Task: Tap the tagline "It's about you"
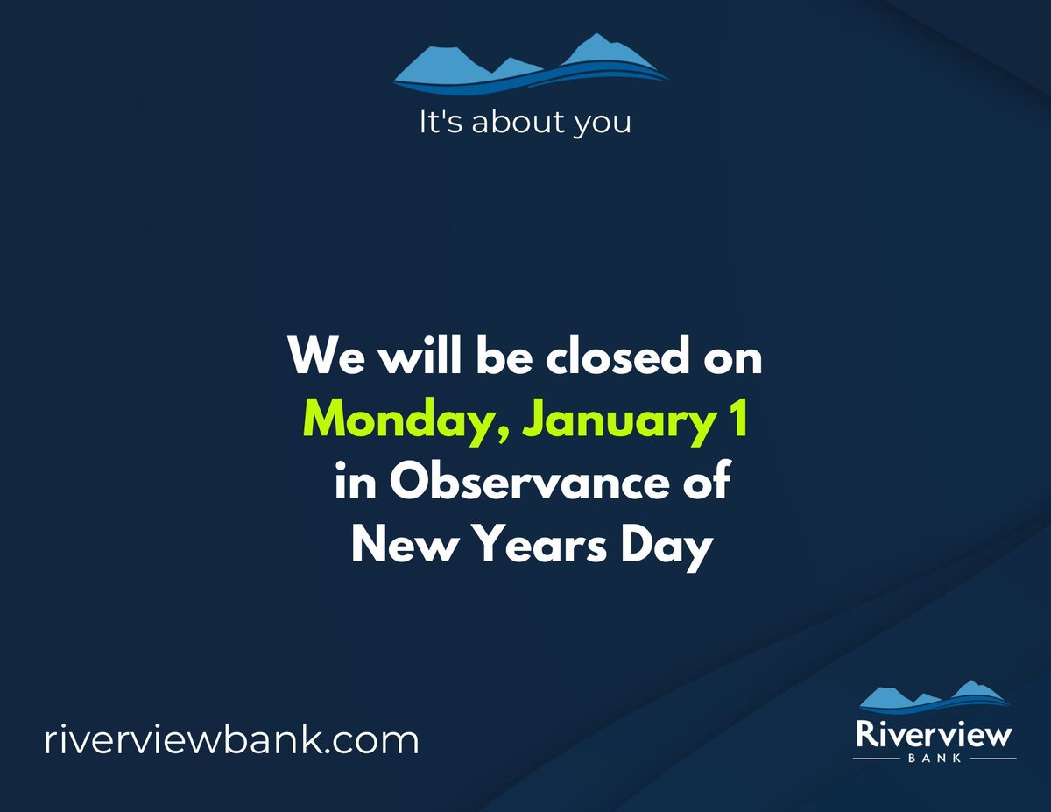pos(525,123)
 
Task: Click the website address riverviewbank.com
pos(231,740)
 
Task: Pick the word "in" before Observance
pos(353,484)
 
